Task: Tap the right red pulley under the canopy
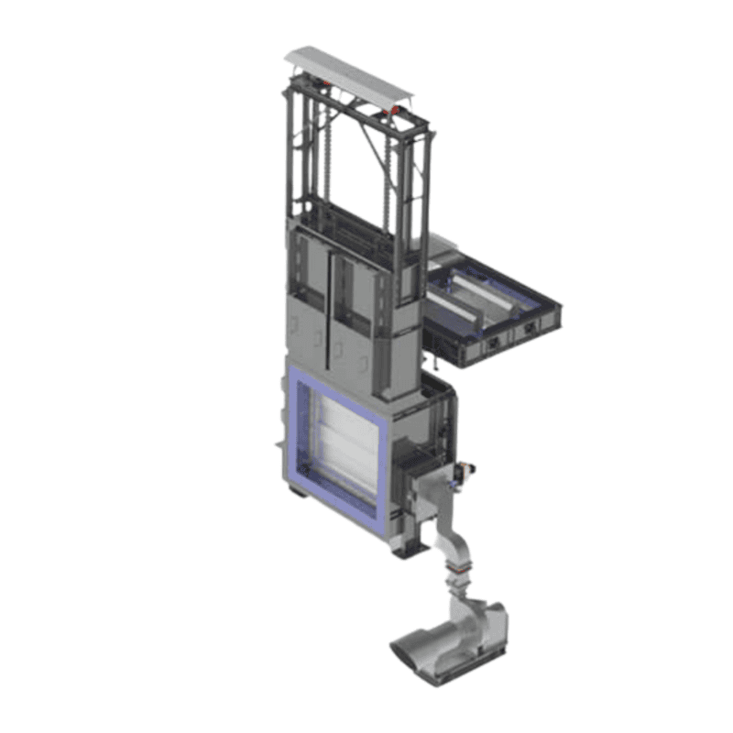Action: pos(393,112)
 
